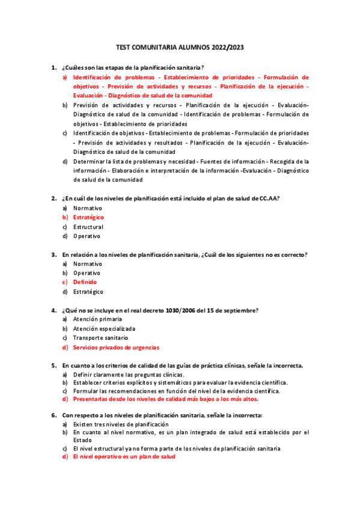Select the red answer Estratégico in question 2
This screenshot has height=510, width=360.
pos(88,217)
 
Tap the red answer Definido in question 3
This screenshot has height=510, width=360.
pos(85,282)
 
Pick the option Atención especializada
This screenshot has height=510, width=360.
pos(104,328)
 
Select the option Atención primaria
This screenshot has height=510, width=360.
pos(97,319)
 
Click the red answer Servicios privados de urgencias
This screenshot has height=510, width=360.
pos(116,348)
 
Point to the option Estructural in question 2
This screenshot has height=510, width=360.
pos(88,227)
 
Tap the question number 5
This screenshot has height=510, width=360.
pos(53,365)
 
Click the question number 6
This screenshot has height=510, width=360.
pos(53,415)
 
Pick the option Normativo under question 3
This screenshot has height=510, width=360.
pos(88,263)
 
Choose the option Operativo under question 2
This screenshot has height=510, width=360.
pos(87,236)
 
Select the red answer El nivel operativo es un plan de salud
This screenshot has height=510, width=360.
pos(124,457)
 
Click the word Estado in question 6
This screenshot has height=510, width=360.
pos(83,440)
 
